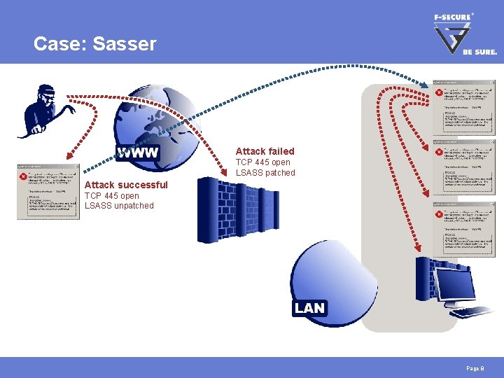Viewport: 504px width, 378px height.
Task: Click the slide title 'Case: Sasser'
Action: coord(95,44)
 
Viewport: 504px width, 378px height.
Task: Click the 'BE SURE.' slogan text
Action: coord(479,52)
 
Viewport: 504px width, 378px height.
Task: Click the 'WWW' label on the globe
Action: coord(138,153)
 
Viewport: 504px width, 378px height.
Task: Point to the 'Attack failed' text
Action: coord(265,151)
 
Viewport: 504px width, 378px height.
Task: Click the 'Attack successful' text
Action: coord(126,185)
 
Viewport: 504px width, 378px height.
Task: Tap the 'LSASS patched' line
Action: coord(265,173)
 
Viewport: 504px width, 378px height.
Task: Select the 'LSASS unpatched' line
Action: coord(119,206)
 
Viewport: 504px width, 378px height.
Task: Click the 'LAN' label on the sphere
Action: coord(309,308)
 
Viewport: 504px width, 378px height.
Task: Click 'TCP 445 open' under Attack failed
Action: coord(262,162)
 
